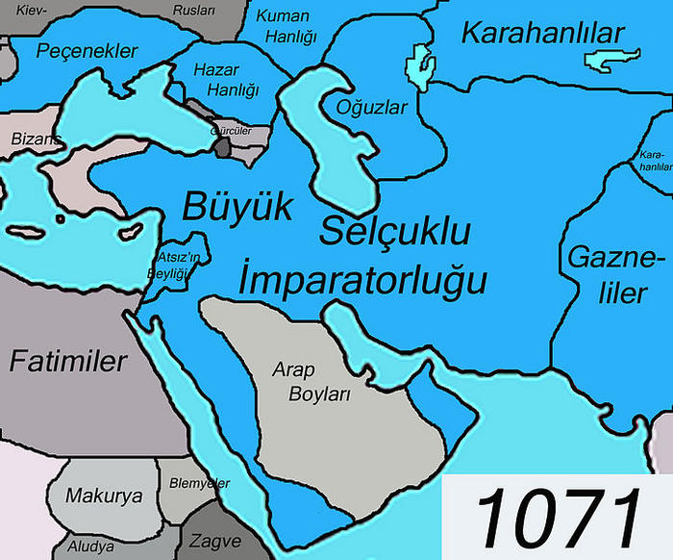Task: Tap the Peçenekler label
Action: pos(87,51)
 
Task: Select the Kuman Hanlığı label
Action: pos(285,28)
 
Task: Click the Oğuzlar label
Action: pos(373,107)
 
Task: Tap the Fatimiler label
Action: pos(68,362)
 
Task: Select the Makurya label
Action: pos(104,496)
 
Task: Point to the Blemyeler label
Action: pos(200,482)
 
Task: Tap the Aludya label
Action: pos(90,547)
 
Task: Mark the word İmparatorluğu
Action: pos(361,279)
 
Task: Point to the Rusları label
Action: pos(194,10)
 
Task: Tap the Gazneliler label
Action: pos(616,274)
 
